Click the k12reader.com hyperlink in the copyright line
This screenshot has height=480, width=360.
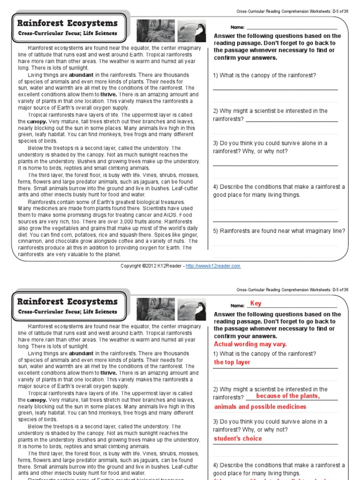pos(213,266)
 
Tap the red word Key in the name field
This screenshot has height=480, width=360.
pos(255,304)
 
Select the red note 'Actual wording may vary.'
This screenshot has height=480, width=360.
pos(250,344)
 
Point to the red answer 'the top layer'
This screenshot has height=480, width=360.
pos(232,362)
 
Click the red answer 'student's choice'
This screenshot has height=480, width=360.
pos(238,439)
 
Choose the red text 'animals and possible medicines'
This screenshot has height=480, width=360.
pos(260,407)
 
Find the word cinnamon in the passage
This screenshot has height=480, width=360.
pos(31,241)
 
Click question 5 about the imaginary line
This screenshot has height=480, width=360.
pos(279,231)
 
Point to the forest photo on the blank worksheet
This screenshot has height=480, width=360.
pos(149,31)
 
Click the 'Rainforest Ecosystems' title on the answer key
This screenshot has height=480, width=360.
pos(67,301)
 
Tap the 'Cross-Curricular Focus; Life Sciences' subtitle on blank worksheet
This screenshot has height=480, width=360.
pos(67,34)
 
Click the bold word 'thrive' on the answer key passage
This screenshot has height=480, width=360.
pos(108,373)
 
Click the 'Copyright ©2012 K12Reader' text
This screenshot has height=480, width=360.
pos(151,266)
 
